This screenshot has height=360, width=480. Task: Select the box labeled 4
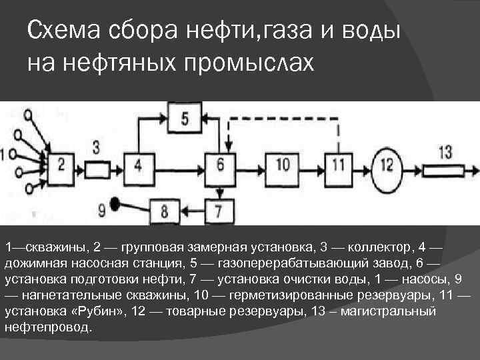pyautogui.click(x=138, y=164)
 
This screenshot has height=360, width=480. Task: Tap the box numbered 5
pyautogui.click(x=185, y=119)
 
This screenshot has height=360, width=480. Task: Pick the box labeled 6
pyautogui.click(x=221, y=164)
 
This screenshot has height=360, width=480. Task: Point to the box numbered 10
pyautogui.click(x=283, y=164)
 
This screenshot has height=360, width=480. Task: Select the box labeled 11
pyautogui.click(x=339, y=164)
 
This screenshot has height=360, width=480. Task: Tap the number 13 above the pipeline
pyautogui.click(x=446, y=151)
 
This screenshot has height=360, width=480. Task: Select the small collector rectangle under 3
pyautogui.click(x=97, y=164)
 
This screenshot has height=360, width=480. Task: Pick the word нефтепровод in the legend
pyautogui.click(x=45, y=328)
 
